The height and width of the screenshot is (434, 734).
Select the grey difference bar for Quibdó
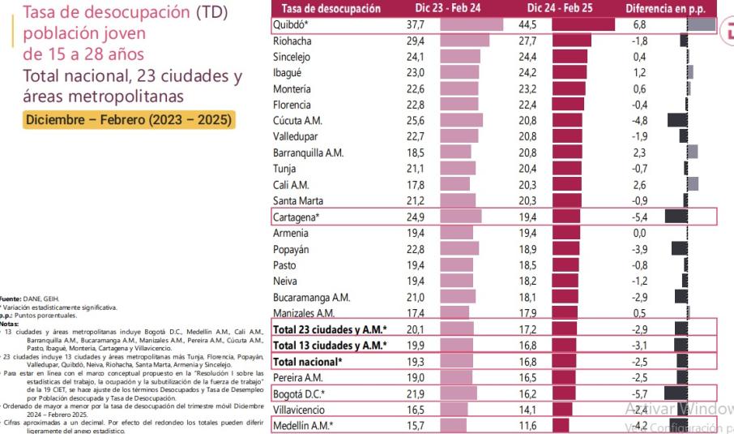point(701,25)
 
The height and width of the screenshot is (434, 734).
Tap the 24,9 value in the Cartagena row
point(415,217)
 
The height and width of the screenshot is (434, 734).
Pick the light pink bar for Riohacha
point(465,40)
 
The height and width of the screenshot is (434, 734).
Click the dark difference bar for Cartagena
point(676,217)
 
